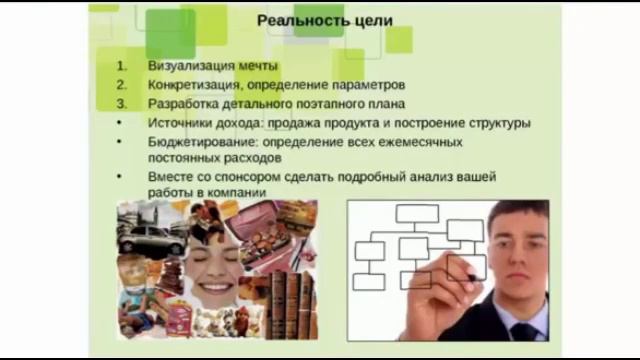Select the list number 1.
point(120,65)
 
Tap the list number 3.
point(120,103)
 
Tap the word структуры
point(492,122)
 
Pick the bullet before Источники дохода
point(120,122)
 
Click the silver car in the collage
point(150,238)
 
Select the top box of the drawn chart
point(417,213)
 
